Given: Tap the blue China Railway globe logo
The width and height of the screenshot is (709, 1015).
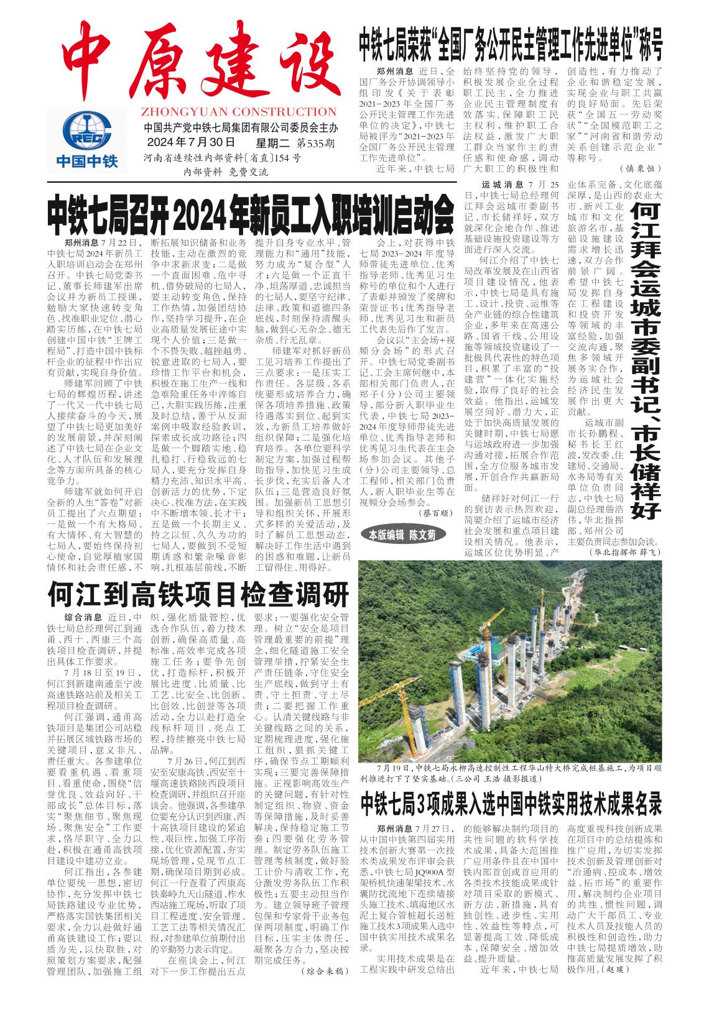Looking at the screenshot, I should pos(86,131).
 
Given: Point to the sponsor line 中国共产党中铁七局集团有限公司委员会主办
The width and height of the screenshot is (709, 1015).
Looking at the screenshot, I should pos(240,129).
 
